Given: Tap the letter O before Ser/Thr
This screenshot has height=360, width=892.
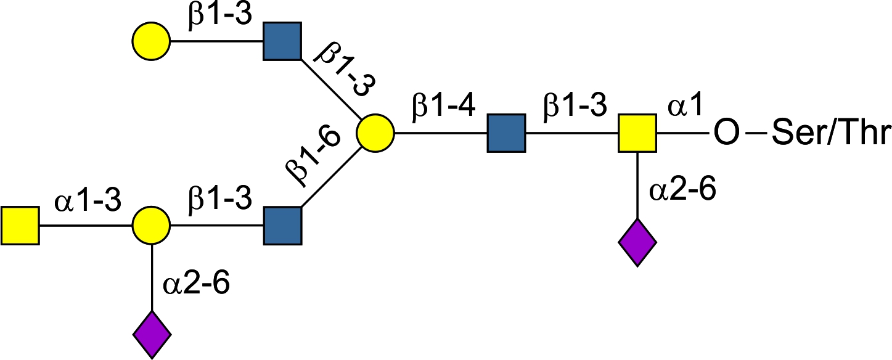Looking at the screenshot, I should tap(727, 133).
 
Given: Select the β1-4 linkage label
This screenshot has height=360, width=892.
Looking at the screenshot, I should tap(444, 107).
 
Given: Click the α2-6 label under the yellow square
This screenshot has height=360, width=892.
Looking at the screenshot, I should tap(682, 191).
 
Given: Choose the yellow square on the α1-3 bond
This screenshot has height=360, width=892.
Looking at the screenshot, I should tap(20, 226).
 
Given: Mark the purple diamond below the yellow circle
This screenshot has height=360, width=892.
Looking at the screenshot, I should tap(152, 334).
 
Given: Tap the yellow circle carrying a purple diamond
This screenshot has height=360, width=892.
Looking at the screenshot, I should tap(152, 226).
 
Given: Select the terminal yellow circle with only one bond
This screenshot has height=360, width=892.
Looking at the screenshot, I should tap(152, 42).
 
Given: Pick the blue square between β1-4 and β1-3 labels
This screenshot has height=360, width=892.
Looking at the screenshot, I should tap(506, 133).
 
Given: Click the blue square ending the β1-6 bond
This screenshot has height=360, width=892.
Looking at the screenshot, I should tap(283, 226).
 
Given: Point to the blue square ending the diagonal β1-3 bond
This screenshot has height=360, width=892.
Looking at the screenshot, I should tap(282, 42).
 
